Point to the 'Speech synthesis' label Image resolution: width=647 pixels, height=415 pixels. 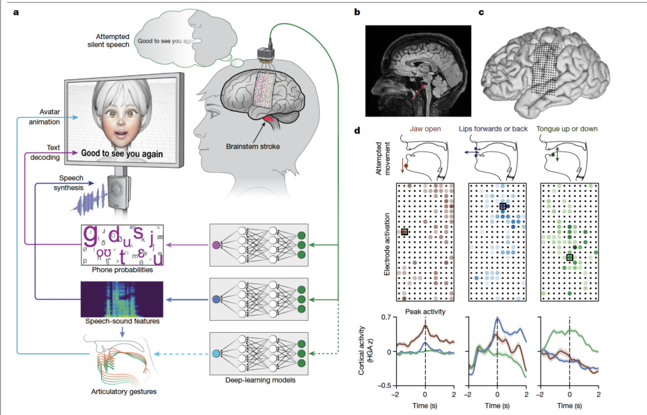click(70, 183)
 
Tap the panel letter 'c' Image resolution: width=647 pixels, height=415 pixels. click(481, 11)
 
